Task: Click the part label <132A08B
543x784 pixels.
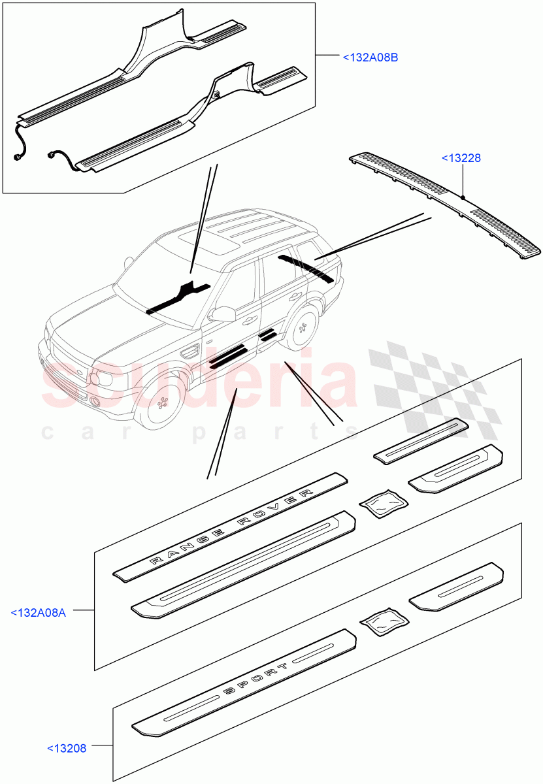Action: click(x=370, y=57)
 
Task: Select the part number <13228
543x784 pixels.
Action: click(x=462, y=158)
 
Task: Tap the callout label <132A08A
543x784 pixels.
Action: click(x=39, y=612)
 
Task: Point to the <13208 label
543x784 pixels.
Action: click(x=67, y=748)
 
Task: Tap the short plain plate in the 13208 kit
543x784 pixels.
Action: click(x=457, y=587)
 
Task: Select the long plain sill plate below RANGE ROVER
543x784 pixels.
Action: click(x=244, y=563)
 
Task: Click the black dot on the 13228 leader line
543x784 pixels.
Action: click(x=462, y=197)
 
